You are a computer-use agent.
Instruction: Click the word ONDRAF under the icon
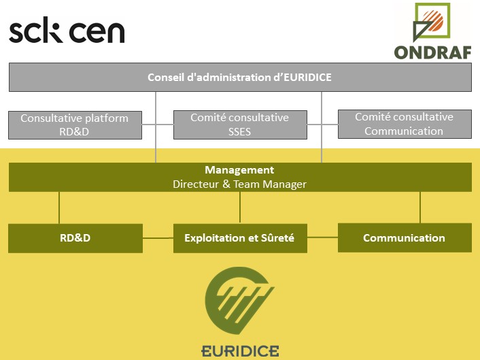(432, 52)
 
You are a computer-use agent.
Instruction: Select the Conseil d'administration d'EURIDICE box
(239, 77)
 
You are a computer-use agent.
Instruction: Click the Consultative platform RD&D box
(75, 125)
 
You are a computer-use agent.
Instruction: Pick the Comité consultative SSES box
(239, 125)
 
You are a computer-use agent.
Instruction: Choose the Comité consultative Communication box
(404, 124)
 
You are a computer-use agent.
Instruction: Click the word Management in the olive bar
(239, 170)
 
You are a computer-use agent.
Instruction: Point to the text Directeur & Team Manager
(239, 184)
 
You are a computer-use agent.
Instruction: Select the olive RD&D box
(75, 238)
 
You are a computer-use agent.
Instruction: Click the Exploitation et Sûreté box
(239, 238)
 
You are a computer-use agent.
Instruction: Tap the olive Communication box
(404, 238)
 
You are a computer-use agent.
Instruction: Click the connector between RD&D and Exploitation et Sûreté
(158, 238)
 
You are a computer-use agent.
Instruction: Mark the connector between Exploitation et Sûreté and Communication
(322, 238)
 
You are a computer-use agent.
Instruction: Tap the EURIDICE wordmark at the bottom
(240, 350)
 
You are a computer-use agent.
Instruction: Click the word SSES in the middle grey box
(239, 131)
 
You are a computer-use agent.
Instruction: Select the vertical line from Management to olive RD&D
(59, 208)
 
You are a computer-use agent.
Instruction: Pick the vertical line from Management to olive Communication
(420, 207)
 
